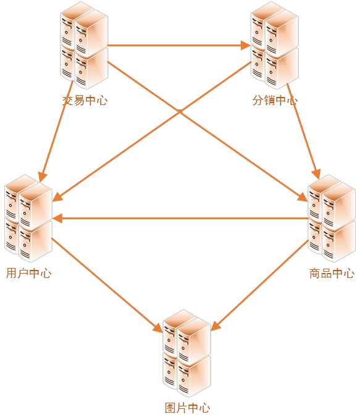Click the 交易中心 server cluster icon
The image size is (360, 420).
pos(84,45)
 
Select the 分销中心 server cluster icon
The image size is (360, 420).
pos(275,45)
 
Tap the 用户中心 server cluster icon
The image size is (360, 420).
pos(28,218)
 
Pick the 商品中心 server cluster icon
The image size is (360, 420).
pos(332,218)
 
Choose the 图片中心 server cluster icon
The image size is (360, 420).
pos(186,353)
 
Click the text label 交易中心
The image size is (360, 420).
pos(85,101)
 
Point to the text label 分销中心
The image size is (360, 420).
pos(275,101)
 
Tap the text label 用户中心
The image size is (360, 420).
pos(28,273)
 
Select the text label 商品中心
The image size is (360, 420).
pos(332,273)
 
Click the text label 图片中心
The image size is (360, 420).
pos(187,408)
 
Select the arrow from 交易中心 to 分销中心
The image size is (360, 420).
pos(179,46)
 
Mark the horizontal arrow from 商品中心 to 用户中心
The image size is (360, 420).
pos(180,218)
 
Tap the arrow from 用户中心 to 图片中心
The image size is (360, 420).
pos(107,285)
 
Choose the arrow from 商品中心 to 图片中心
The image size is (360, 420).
pos(260,285)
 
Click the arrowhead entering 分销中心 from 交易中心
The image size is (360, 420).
pos(246,46)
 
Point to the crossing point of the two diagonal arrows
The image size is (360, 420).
pos(180,111)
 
